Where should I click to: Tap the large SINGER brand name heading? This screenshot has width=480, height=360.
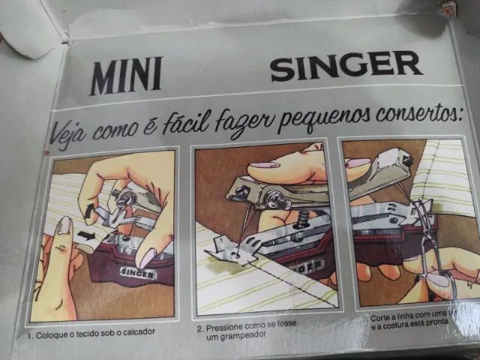click(346, 66)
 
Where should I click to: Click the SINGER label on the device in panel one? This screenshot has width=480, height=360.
click(136, 274)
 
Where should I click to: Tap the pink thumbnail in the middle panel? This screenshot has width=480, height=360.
click(263, 165)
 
